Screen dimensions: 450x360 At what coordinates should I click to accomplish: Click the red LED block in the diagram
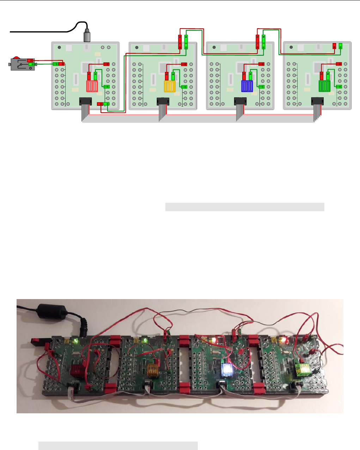click(92, 86)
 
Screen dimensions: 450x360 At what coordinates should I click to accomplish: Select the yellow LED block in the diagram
click(170, 86)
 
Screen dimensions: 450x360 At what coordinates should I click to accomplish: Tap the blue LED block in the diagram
click(247, 86)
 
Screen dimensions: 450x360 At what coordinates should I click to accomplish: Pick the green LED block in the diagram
click(324, 86)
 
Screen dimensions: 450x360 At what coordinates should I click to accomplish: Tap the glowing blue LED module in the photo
click(226, 370)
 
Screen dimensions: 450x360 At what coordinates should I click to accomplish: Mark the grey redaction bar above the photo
click(245, 207)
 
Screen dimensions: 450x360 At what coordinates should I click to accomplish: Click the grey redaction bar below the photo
click(118, 445)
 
